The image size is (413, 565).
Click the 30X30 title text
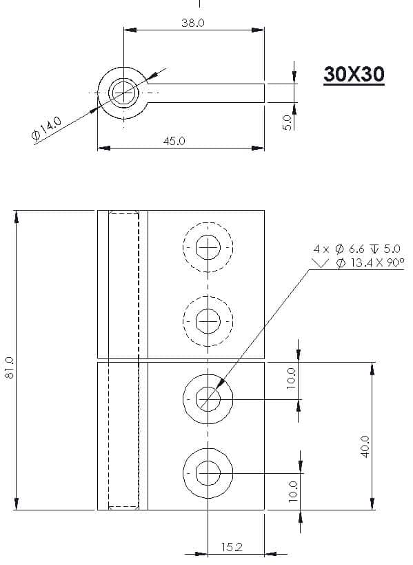[x=354, y=74]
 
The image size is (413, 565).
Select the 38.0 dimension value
[x=193, y=23]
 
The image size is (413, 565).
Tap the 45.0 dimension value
[x=174, y=141]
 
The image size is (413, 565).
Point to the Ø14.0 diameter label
[x=46, y=128]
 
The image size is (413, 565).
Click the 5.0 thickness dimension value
[x=287, y=122]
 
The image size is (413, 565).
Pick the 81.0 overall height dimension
[x=10, y=368]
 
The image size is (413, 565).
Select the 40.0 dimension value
[x=365, y=447]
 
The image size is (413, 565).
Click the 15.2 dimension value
[x=232, y=547]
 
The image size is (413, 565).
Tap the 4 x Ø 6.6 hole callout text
[x=356, y=249]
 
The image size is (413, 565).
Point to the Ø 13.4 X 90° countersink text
[x=370, y=262]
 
